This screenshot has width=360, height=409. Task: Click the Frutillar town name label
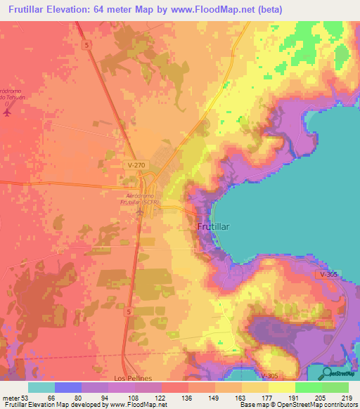click(x=217, y=228)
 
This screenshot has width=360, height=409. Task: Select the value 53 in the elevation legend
click(x=25, y=397)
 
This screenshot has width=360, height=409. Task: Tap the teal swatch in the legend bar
click(x=41, y=387)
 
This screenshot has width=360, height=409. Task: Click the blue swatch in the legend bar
click(x=68, y=387)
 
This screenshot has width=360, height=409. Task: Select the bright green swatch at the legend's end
click(x=335, y=387)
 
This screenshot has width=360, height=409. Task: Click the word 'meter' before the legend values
click(x=10, y=397)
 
